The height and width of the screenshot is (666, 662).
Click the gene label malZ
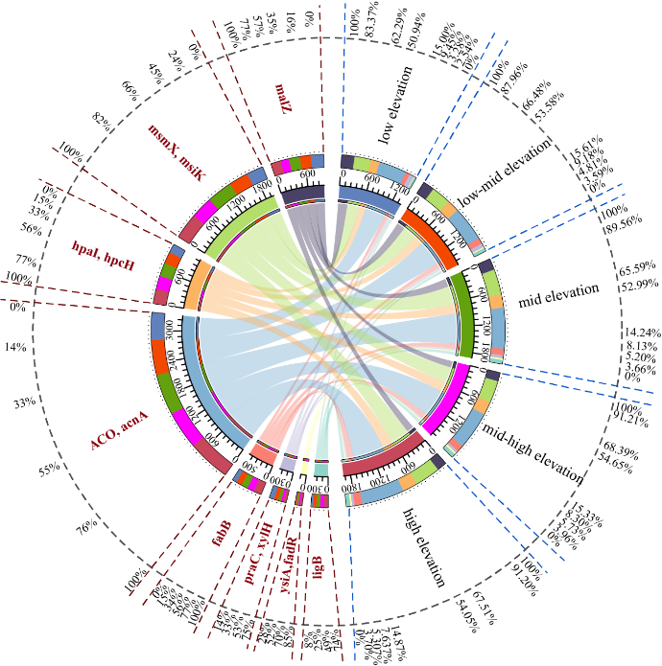(x=284, y=99)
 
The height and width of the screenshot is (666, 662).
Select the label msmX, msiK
(x=177, y=150)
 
